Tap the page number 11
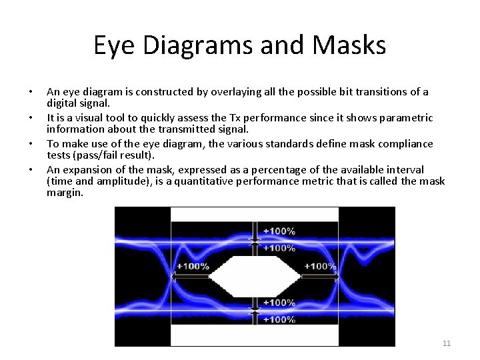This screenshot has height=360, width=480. pos(447,343)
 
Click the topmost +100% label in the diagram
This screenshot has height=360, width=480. pos(279,231)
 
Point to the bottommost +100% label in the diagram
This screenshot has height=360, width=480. pos(279,320)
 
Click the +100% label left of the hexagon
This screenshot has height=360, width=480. pos(193,266)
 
